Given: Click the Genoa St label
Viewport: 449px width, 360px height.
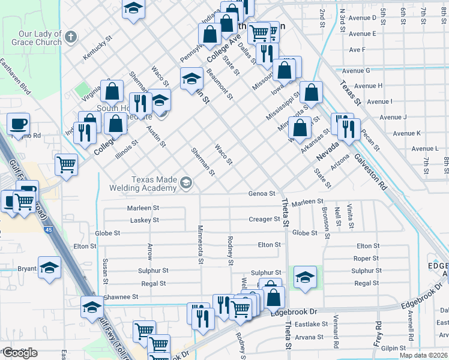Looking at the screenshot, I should pyautogui.click(x=262, y=194).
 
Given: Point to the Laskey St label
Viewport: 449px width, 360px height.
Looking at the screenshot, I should pyautogui.click(x=145, y=220).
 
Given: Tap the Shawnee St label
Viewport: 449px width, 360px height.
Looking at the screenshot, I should pyautogui.click(x=120, y=296).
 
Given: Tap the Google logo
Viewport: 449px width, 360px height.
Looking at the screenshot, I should pyautogui.click(x=20, y=353).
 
